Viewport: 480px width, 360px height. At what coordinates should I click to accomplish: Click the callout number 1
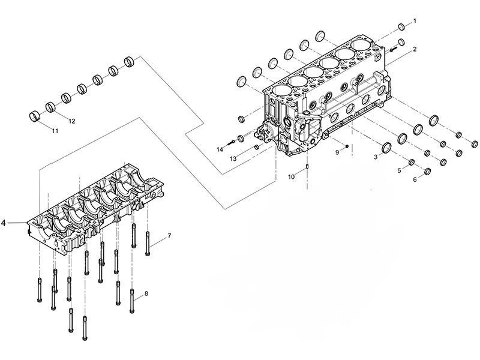click(x=413, y=21)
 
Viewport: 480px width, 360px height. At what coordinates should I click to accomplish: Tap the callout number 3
click(x=376, y=157)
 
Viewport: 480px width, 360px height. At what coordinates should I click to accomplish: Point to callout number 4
click(x=4, y=223)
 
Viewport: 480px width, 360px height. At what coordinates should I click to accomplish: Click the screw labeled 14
click(x=231, y=142)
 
